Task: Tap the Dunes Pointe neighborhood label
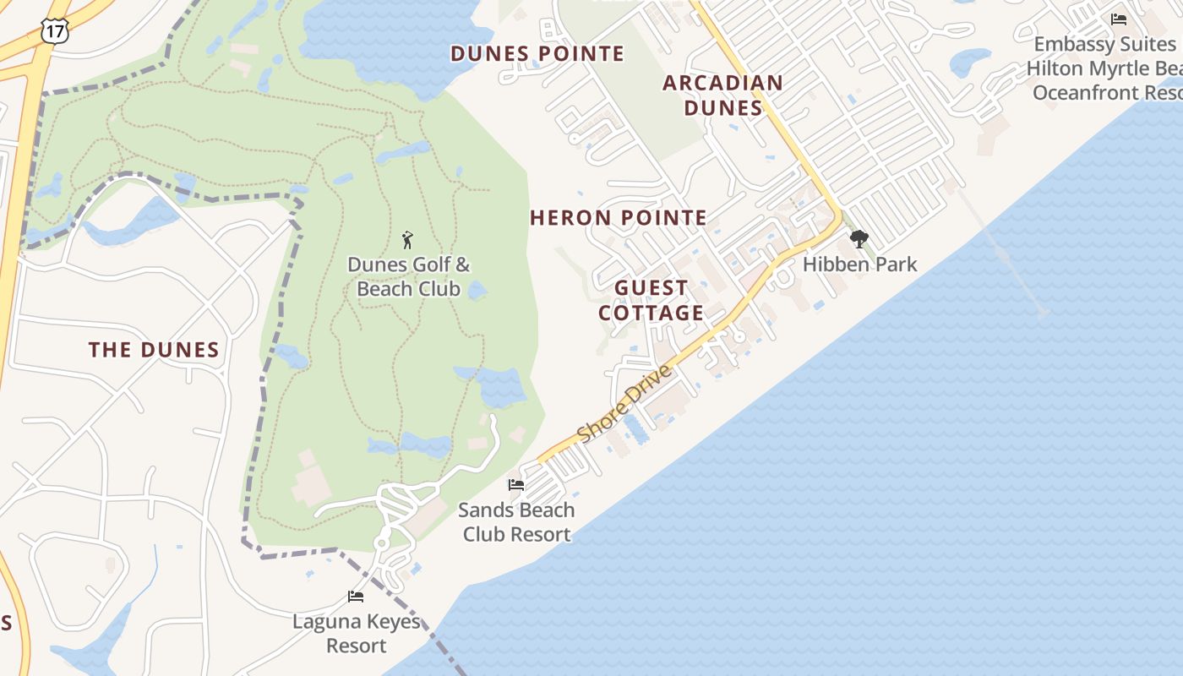click(537, 54)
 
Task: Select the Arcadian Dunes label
click(722, 95)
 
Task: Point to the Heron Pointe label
click(619, 218)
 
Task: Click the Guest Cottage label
click(651, 300)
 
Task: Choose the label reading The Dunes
click(154, 350)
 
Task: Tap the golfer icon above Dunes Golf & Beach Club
click(408, 240)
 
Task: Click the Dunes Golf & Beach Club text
click(409, 276)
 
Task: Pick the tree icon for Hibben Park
click(859, 239)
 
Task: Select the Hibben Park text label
click(859, 264)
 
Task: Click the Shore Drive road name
click(625, 403)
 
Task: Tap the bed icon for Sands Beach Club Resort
click(515, 485)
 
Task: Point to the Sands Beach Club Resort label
click(516, 522)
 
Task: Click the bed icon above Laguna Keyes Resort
click(356, 597)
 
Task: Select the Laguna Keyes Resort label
click(357, 634)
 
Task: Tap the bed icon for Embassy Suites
click(1119, 19)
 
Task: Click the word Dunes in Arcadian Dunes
click(722, 108)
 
